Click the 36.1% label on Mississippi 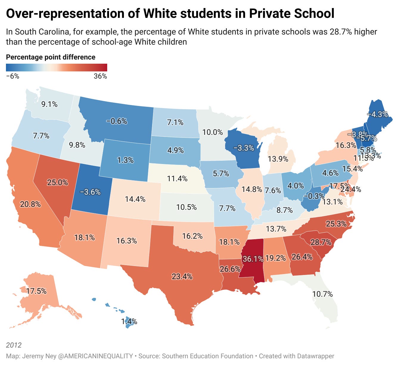[x=253, y=259]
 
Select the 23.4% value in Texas [x=182, y=276]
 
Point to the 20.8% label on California [x=30, y=204]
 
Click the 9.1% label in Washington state [x=49, y=104]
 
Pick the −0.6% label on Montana [x=117, y=121]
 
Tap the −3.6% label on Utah [x=90, y=192]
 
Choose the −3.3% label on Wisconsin [x=244, y=148]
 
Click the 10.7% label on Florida [x=322, y=294]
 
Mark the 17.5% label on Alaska [x=36, y=291]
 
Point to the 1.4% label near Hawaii [x=129, y=321]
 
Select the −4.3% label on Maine [x=377, y=114]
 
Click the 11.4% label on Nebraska [x=177, y=179]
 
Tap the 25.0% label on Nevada [x=57, y=182]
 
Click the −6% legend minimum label [x=13, y=76]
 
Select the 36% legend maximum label [x=100, y=76]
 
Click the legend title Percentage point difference [x=51, y=57]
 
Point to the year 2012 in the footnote [x=14, y=345]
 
